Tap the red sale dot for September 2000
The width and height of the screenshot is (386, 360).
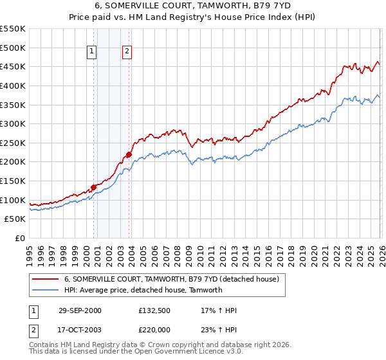tap(94, 187)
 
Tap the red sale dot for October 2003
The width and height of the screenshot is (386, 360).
tap(129, 154)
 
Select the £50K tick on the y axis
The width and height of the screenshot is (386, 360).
tap(15, 219)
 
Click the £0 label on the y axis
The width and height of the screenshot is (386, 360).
tap(21, 239)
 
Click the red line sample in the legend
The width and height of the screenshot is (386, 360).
tap(45, 280)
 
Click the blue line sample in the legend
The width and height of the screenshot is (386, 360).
tap(45, 290)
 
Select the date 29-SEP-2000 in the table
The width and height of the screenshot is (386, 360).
tap(80, 310)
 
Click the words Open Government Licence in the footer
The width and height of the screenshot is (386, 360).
tap(190, 352)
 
